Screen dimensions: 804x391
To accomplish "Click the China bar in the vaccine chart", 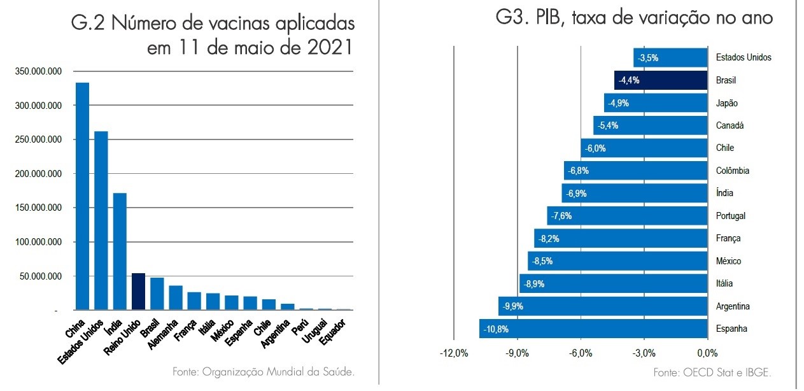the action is [x=83, y=196].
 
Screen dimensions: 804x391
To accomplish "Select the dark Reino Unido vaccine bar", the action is [x=139, y=292].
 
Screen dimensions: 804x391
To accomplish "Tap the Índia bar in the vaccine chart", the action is [x=120, y=252].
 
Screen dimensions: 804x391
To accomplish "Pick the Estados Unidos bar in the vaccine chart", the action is [x=101, y=220].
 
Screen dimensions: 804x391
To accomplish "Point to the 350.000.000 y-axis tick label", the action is [x=38, y=71].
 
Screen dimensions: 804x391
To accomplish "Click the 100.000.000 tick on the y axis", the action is [x=38, y=242].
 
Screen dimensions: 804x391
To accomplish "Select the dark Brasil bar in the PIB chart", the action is [x=661, y=80].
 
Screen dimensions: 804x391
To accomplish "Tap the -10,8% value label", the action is [x=496, y=329].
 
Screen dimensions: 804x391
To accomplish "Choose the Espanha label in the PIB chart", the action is [x=731, y=329].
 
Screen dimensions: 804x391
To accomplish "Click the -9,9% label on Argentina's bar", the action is [x=512, y=306].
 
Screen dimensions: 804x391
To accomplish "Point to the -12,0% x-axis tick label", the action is [x=454, y=353].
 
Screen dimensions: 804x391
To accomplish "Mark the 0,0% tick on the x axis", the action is [x=707, y=353].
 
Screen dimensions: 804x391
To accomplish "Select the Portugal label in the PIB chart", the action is [x=731, y=216].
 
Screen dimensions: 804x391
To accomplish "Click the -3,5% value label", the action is [x=648, y=58].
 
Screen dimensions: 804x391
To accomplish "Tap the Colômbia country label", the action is [x=733, y=171].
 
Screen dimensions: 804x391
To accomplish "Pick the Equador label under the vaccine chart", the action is [x=333, y=332].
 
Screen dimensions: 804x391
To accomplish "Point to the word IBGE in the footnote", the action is [x=758, y=373].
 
